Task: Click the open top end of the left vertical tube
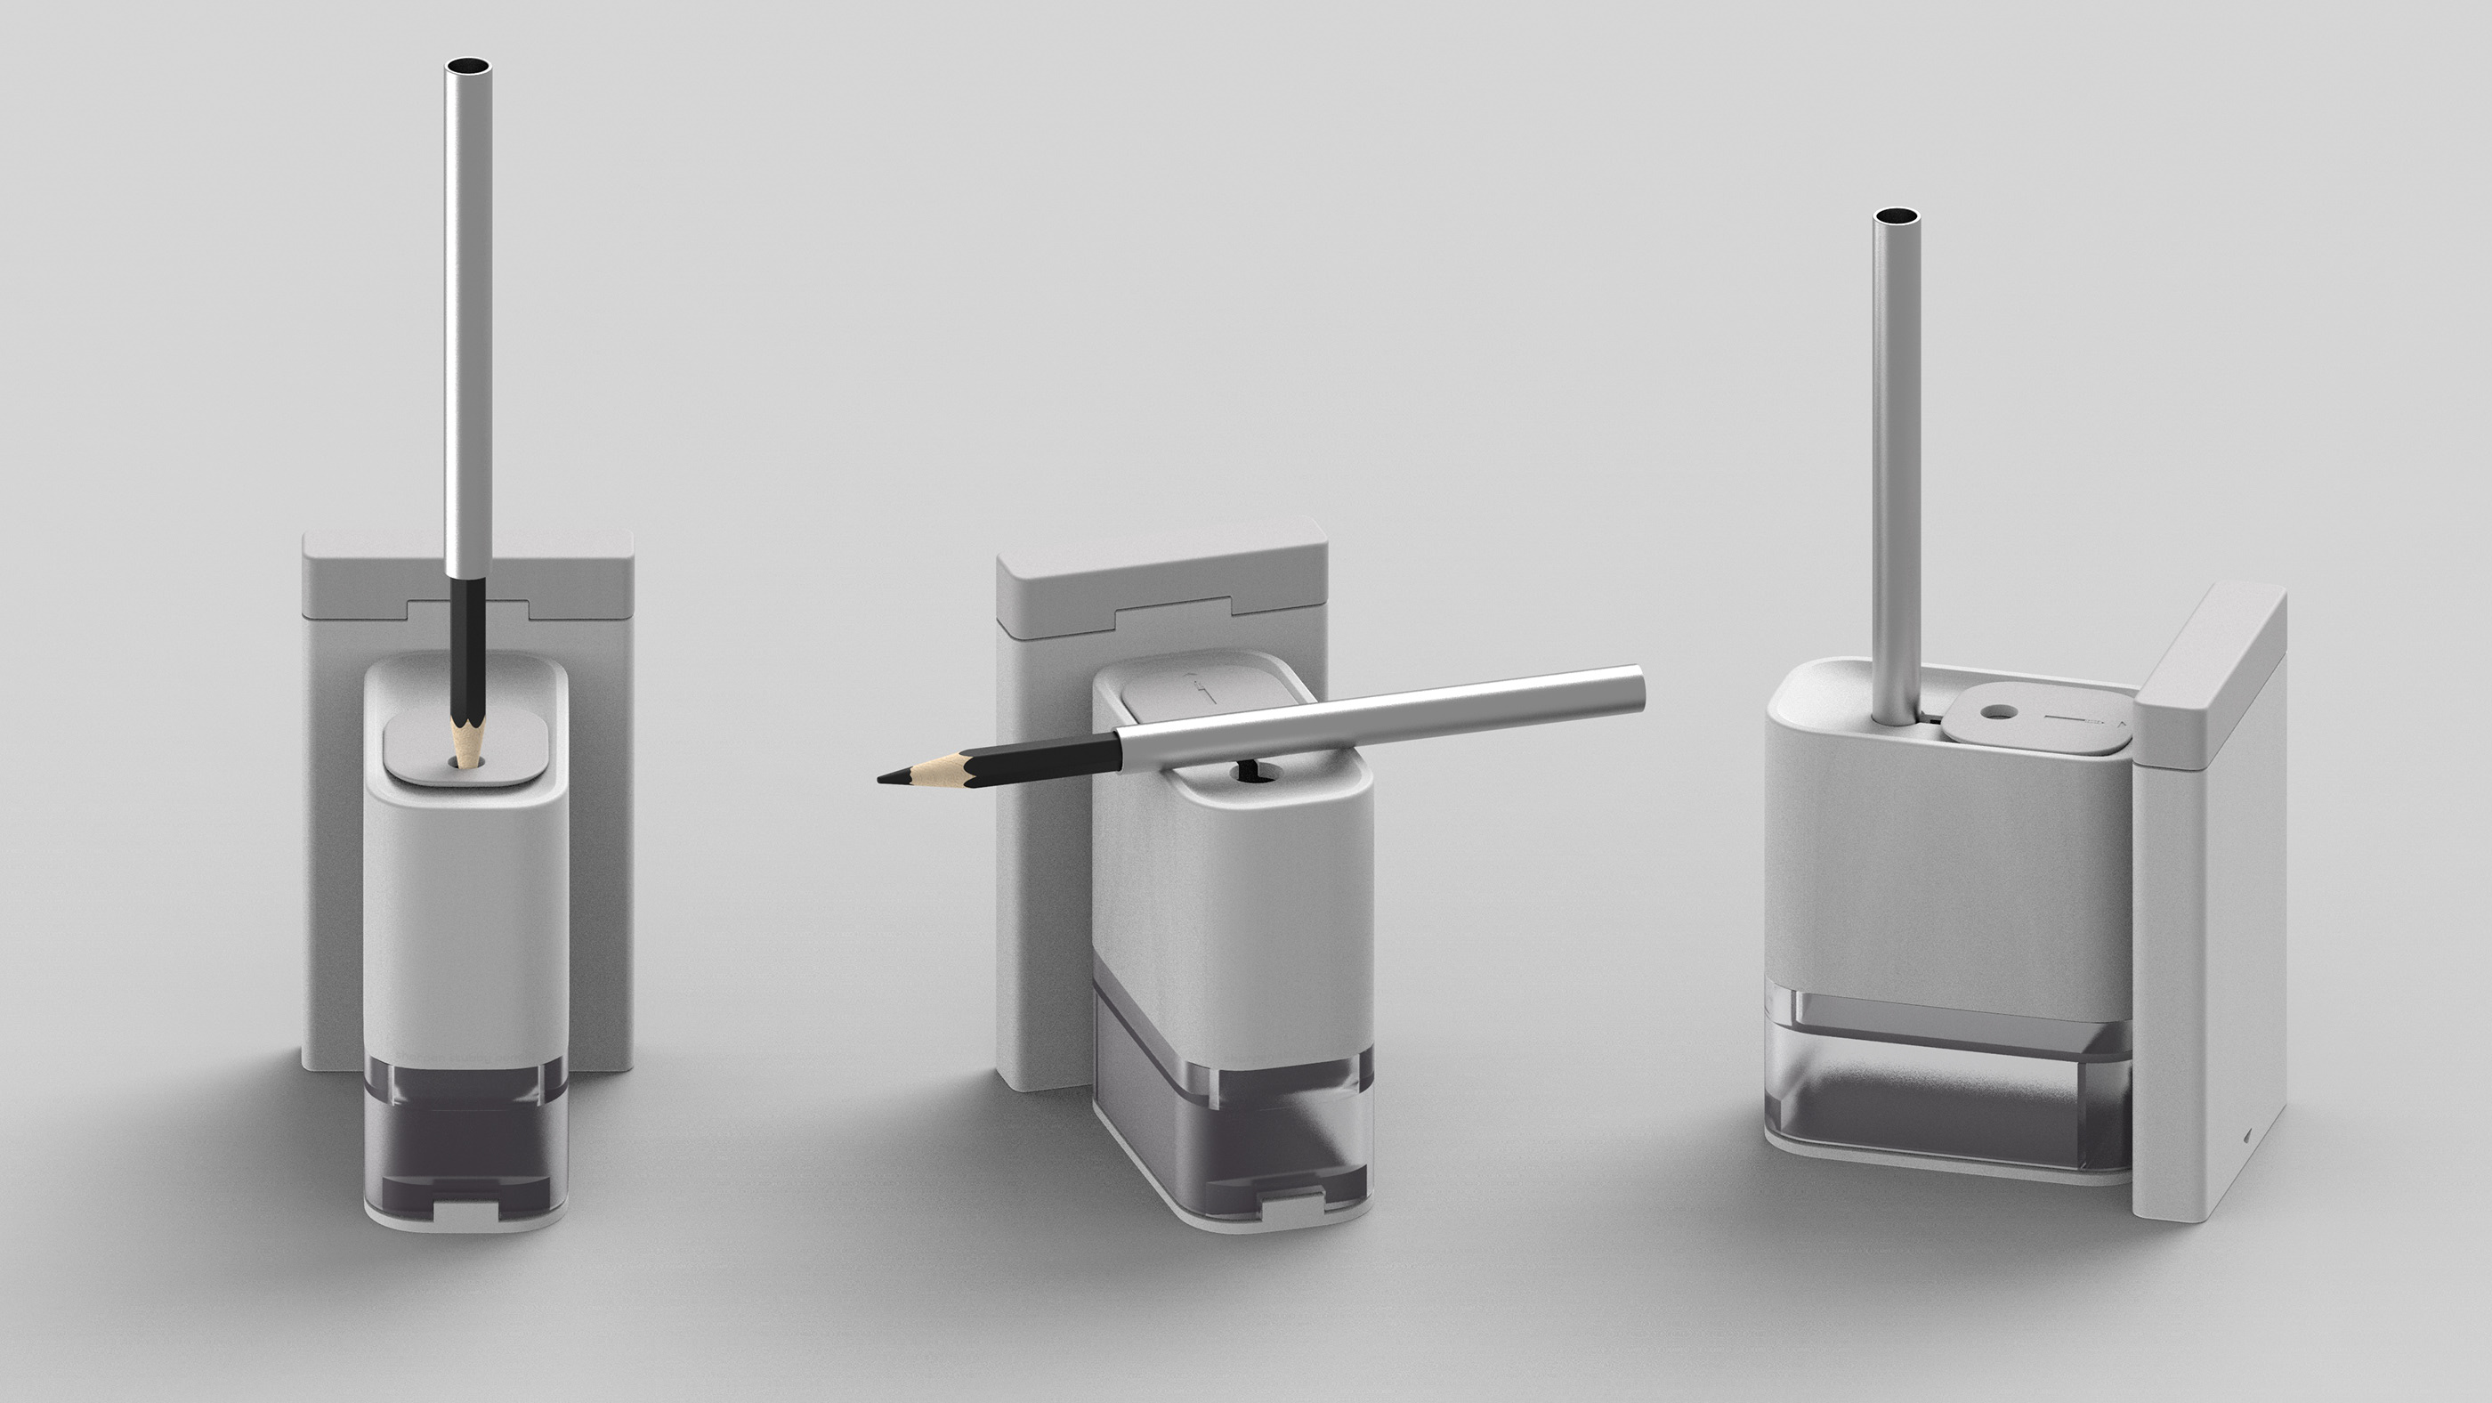[x=467, y=68]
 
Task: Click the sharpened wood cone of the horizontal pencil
[x=934, y=769]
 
